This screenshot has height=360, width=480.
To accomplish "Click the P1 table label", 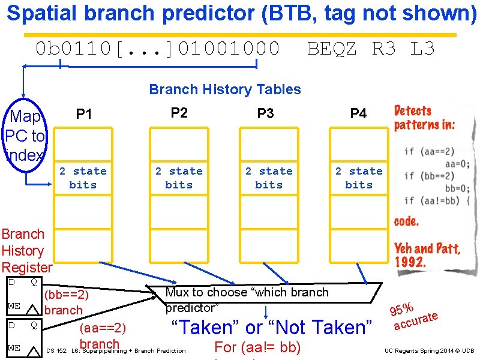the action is tap(84, 114).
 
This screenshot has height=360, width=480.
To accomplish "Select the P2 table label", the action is tap(179, 113).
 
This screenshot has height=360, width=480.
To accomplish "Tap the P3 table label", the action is tap(265, 113).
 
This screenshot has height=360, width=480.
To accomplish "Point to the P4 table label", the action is tap(358, 113).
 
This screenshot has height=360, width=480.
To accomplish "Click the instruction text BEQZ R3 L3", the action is tap(371, 48).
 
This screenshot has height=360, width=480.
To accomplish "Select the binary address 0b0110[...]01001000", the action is tap(158, 48).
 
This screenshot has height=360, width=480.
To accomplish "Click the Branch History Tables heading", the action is tap(225, 89).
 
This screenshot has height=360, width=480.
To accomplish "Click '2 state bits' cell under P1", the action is tap(83, 178).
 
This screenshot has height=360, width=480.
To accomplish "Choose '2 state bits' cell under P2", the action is tap(179, 178).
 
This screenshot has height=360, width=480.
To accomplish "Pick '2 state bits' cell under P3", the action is tap(269, 178).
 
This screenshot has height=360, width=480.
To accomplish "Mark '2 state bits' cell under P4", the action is tap(359, 178).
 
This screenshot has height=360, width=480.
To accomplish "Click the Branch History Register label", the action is tap(26, 250).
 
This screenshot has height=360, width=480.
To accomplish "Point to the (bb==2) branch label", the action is tap(66, 302).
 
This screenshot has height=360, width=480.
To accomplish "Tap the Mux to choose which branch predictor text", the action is tap(247, 300).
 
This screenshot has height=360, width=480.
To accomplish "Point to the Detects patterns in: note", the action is tap(424, 118).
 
